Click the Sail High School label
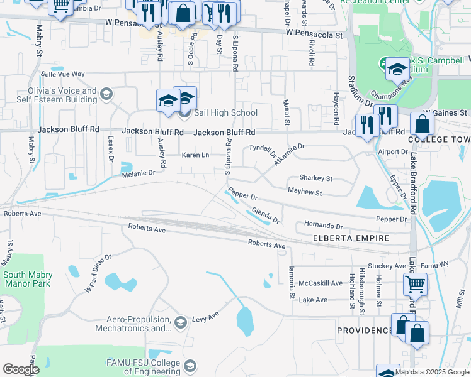pos(225,113)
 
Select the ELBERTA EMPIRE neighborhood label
pos(351,239)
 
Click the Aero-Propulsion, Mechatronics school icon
pos(181,323)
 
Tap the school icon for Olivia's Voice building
pos(106,95)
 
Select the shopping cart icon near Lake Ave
pos(415,284)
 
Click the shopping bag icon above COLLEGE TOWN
pos(422,124)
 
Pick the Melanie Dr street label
pos(139,173)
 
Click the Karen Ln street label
pos(195,155)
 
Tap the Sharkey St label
pos(315,178)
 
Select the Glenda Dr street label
pos(265,215)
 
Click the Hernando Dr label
pos(323,226)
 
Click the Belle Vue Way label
pos(62,74)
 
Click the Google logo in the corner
pos(20,369)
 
